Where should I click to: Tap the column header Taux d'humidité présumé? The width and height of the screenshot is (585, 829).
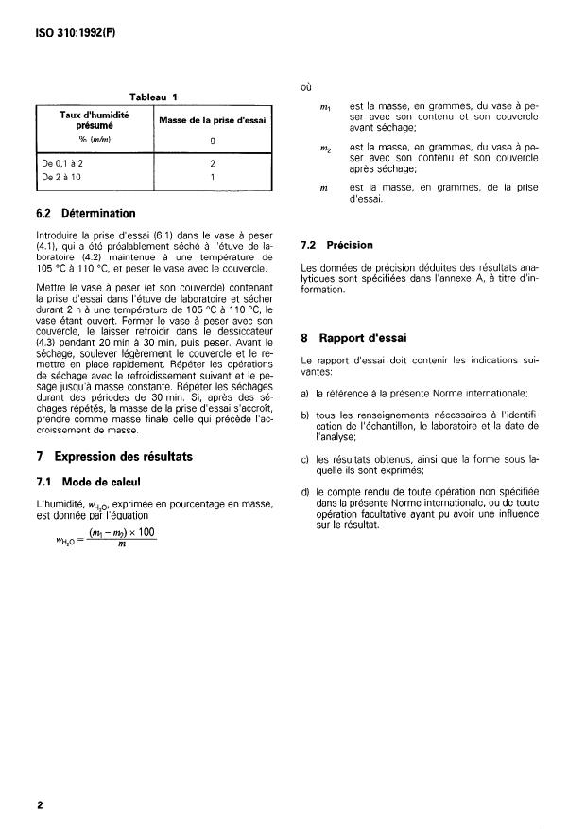coord(94,119)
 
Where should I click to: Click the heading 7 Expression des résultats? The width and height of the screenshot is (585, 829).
coord(113,456)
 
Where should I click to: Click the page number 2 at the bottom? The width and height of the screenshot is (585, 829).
coord(40,805)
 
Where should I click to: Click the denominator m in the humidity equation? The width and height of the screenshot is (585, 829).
coord(121,543)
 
